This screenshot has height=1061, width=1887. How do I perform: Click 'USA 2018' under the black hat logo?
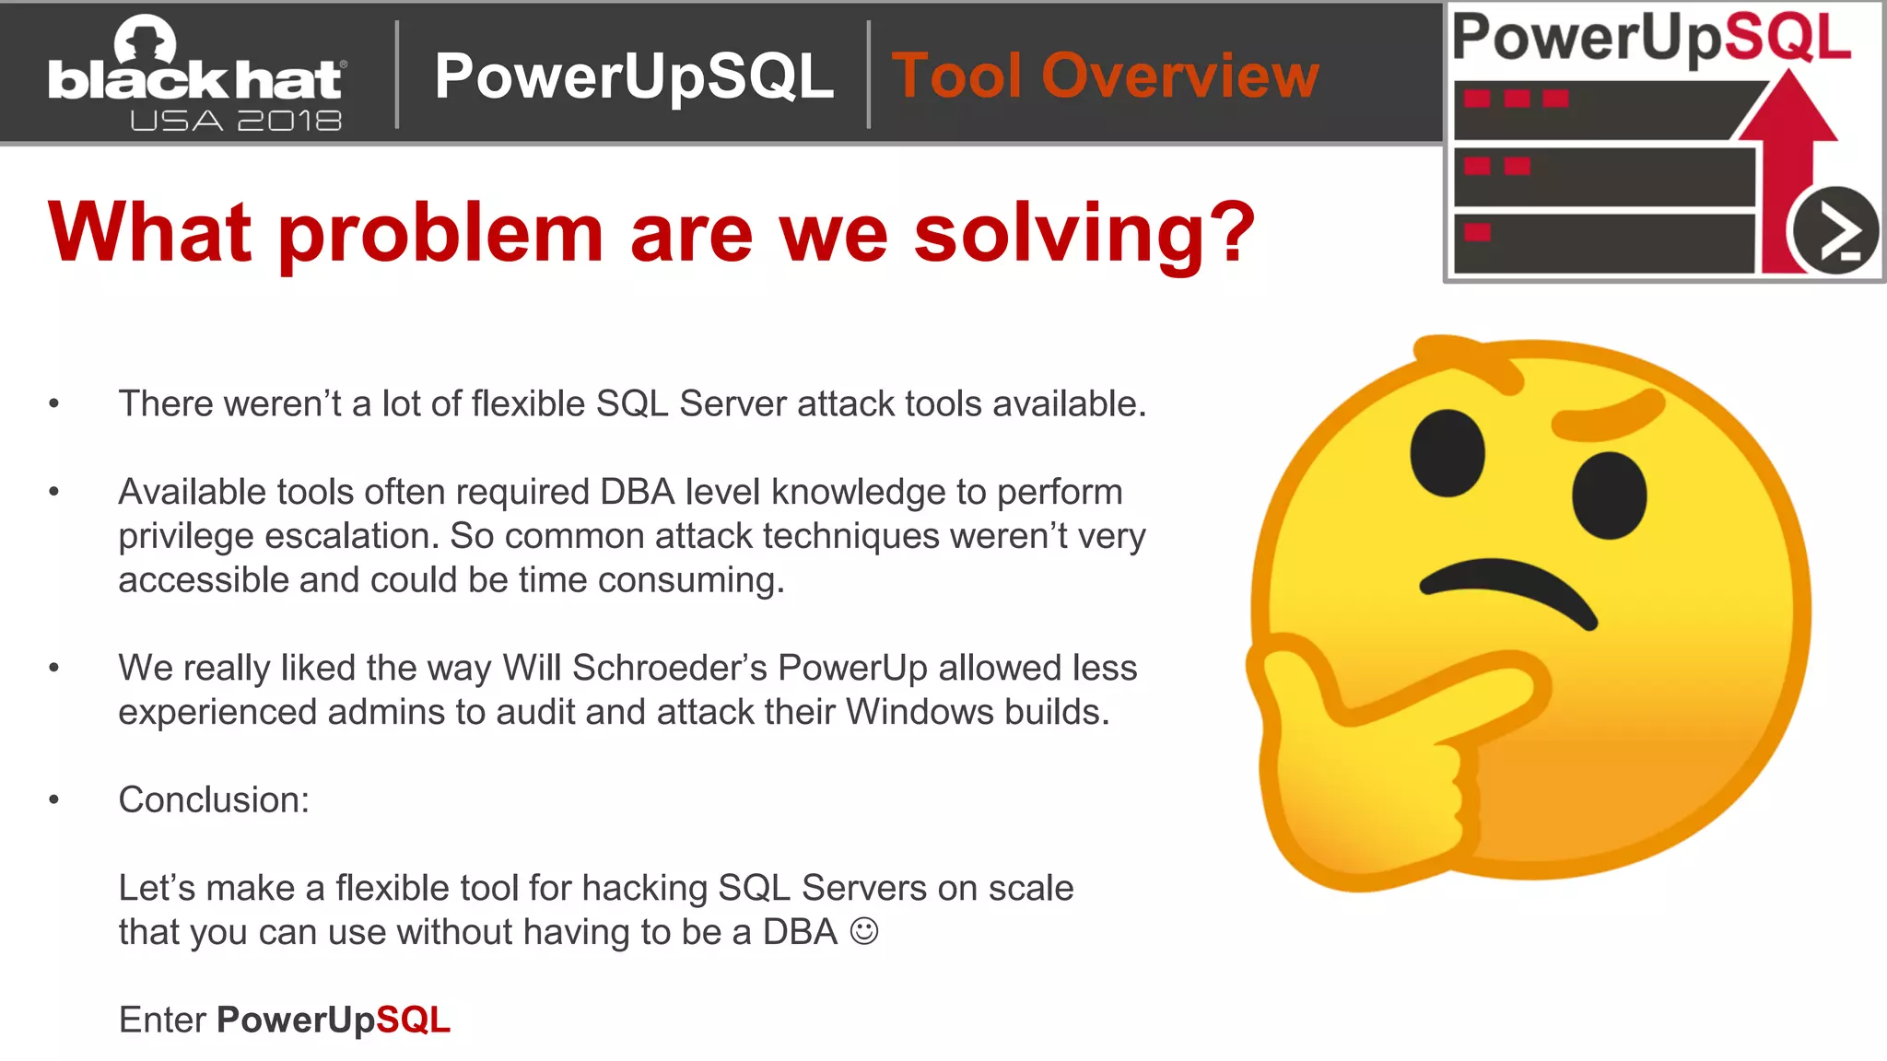(x=236, y=121)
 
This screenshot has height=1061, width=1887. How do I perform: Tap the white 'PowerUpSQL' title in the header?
(x=634, y=76)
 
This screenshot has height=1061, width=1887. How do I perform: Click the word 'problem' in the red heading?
(x=441, y=234)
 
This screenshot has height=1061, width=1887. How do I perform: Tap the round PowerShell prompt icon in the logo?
(x=1834, y=231)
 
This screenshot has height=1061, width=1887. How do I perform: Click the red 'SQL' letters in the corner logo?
(x=1787, y=39)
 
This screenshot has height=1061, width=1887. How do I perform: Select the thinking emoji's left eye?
(x=1447, y=452)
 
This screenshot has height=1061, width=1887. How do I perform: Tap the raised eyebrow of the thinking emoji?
(x=1608, y=414)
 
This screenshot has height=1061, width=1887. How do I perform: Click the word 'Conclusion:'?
(x=214, y=799)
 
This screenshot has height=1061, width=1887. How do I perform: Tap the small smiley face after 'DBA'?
(x=863, y=931)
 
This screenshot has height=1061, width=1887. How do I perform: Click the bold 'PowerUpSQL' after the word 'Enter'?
(x=333, y=1020)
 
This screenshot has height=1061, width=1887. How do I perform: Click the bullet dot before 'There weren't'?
(x=54, y=403)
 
